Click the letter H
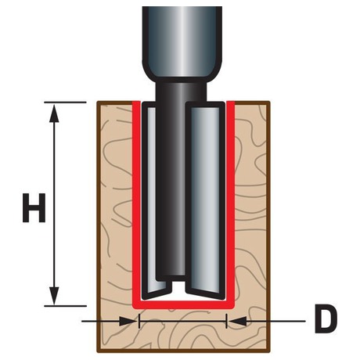point(34,208)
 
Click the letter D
point(326,319)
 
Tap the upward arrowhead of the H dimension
point(54,113)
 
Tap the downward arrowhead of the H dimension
point(54,295)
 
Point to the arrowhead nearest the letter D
point(238,321)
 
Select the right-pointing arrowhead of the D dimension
point(128,321)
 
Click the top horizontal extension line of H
point(65,103)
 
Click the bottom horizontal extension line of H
point(65,306)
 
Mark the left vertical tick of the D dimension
point(139,321)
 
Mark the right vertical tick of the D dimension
point(227,321)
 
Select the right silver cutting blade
point(205,198)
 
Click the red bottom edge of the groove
point(183,305)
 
